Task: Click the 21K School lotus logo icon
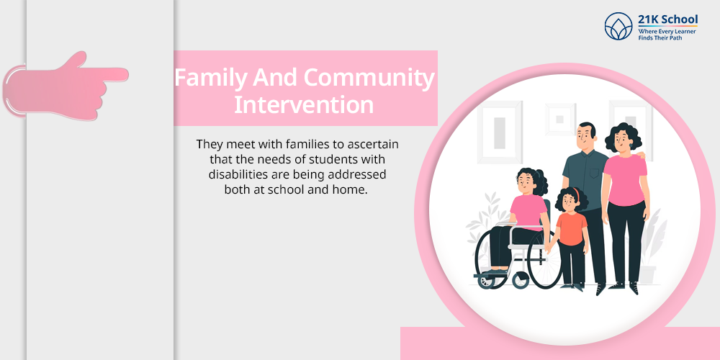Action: pyautogui.click(x=618, y=26)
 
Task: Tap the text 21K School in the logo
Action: pyautogui.click(x=667, y=19)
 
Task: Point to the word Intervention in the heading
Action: pyautogui.click(x=304, y=104)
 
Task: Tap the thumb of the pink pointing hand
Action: pyautogui.click(x=76, y=59)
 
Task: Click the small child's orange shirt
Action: pyautogui.click(x=571, y=228)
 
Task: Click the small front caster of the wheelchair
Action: pyautogui.click(x=485, y=281)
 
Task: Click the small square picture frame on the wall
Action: pyautogui.click(x=559, y=120)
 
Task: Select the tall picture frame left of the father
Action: pyautogui.click(x=500, y=132)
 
